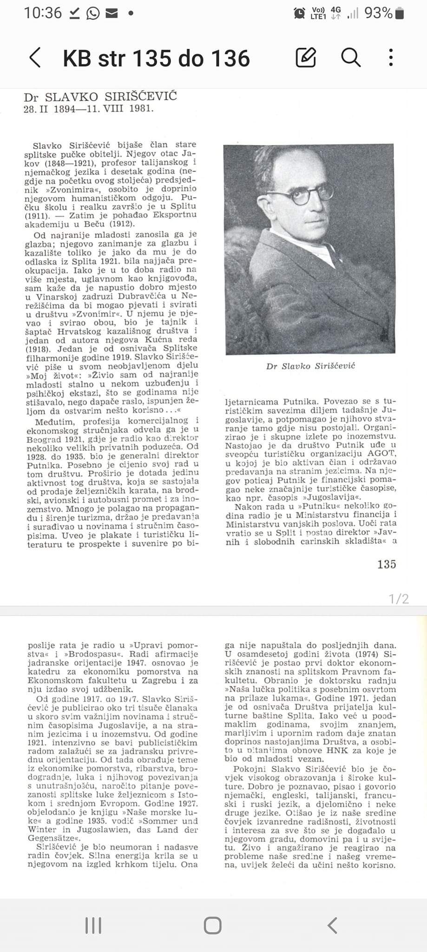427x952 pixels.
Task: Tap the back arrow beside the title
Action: coord(35,58)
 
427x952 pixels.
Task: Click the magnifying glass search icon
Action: coord(351,58)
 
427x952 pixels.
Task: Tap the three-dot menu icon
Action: coord(391,58)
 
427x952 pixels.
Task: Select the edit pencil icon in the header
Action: coord(306,58)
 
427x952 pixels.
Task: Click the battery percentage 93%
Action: coord(378,13)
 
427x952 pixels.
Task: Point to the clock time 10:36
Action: coord(43,13)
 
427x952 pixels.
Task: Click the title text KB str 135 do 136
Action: coord(156,59)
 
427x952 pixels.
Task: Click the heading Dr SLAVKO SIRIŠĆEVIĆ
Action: coord(100,97)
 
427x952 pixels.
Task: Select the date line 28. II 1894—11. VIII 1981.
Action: coord(88,109)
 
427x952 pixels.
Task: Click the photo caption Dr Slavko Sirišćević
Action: coord(310,366)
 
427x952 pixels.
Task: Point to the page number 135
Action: coord(387,564)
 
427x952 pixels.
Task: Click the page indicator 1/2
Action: coord(399,599)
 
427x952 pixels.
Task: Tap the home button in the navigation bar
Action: coord(213,926)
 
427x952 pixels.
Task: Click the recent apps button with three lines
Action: coord(93,926)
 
